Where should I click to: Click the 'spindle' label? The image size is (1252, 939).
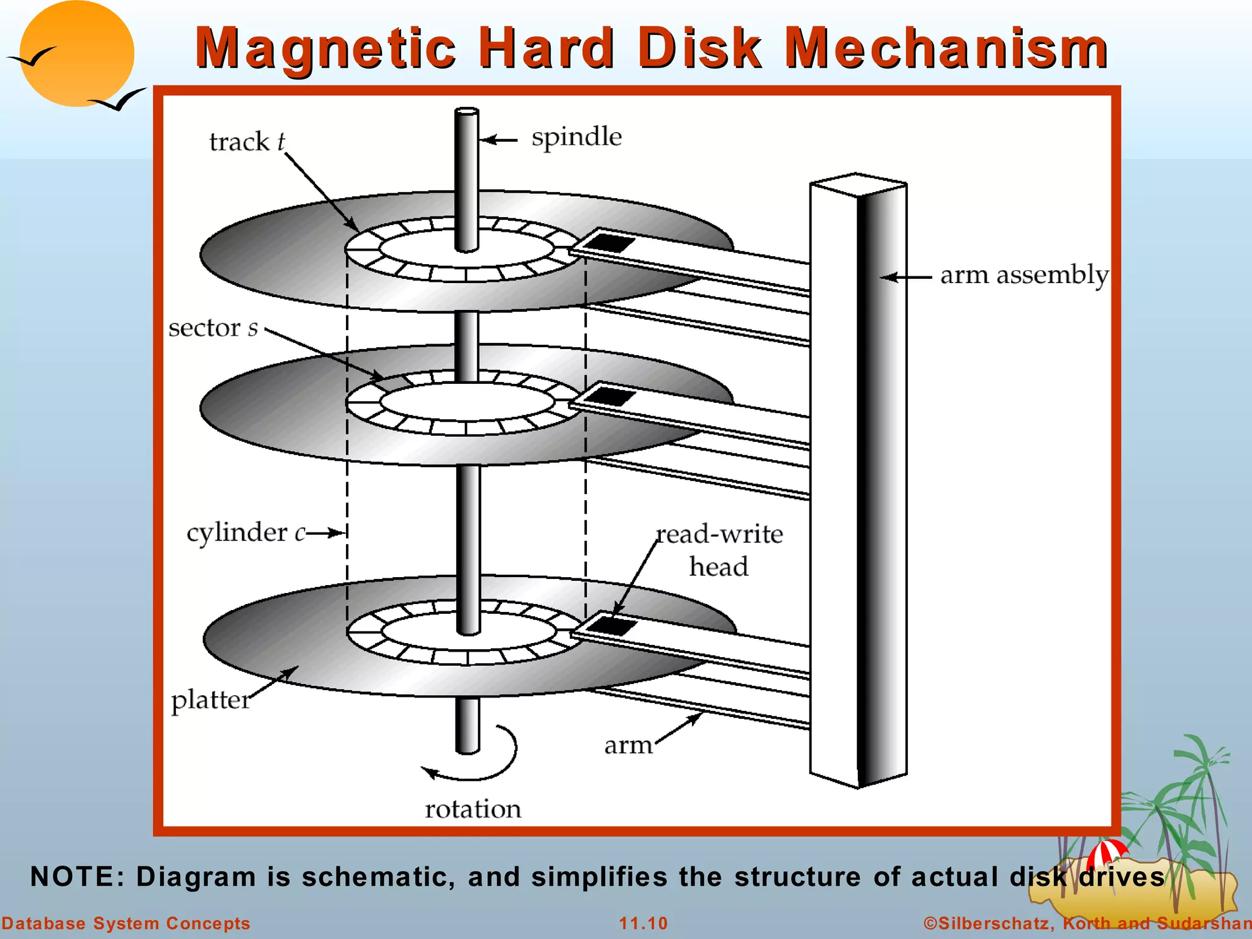(576, 138)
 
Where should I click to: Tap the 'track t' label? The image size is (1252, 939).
(246, 142)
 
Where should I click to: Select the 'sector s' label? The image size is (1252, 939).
(213, 328)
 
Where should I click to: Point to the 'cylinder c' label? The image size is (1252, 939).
(245, 532)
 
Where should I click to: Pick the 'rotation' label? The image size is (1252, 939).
(473, 809)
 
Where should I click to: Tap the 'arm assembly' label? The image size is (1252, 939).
(1024, 276)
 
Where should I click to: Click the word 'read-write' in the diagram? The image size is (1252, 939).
(720, 534)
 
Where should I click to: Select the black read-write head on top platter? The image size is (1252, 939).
(611, 243)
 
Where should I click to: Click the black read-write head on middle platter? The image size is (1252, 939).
(611, 396)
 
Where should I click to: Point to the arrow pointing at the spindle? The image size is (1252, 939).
(498, 141)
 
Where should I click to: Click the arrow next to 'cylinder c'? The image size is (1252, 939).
(326, 533)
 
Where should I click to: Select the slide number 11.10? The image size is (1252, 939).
(643, 923)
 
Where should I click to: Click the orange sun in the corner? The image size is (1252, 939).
(76, 54)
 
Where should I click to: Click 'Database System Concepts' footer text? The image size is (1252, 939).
(125, 923)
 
